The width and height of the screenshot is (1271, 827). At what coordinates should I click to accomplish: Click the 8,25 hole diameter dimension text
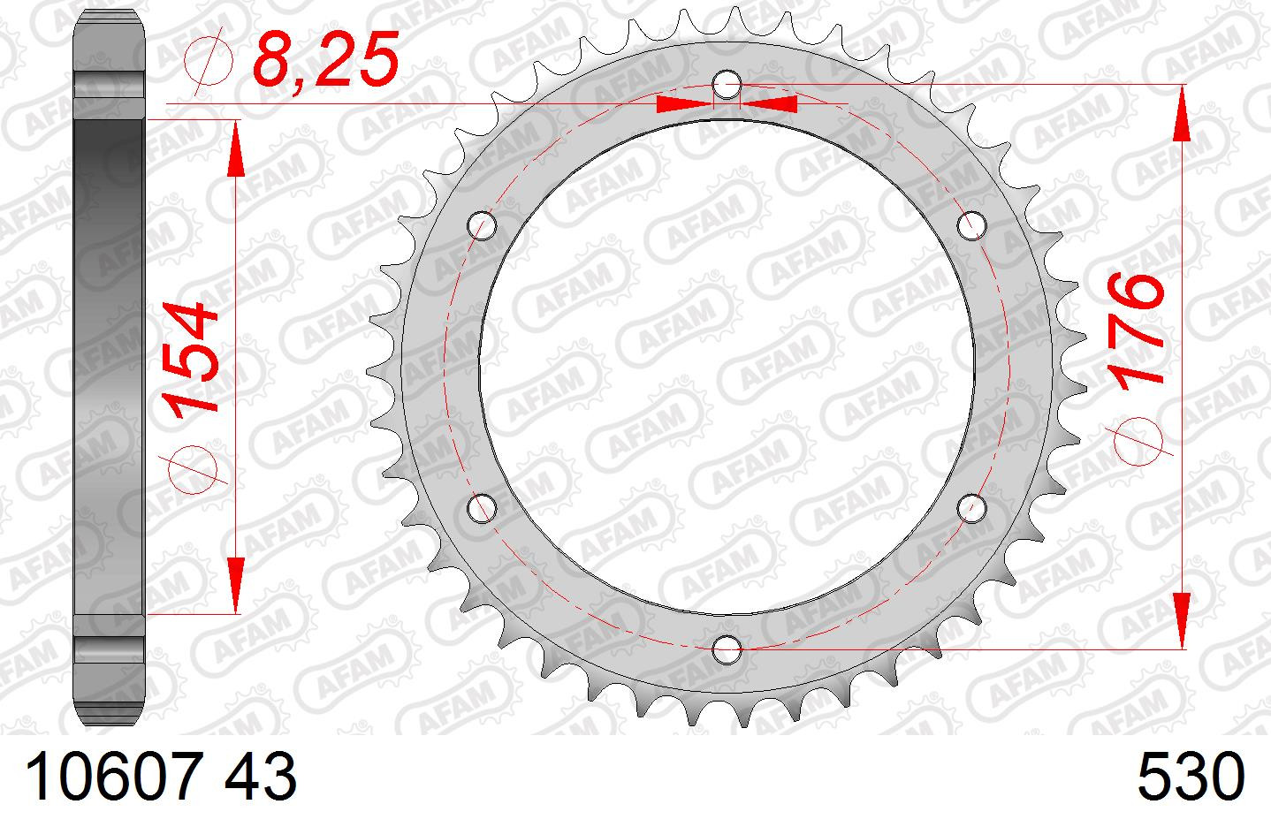[325, 60]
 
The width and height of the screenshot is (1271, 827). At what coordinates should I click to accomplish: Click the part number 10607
[113, 777]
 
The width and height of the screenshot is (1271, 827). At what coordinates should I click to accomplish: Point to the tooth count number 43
[261, 777]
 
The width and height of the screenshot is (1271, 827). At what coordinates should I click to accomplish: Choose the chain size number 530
[1191, 777]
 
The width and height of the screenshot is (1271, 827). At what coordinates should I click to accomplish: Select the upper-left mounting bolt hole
[482, 226]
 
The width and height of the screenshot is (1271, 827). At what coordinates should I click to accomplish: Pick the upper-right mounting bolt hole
[971, 226]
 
